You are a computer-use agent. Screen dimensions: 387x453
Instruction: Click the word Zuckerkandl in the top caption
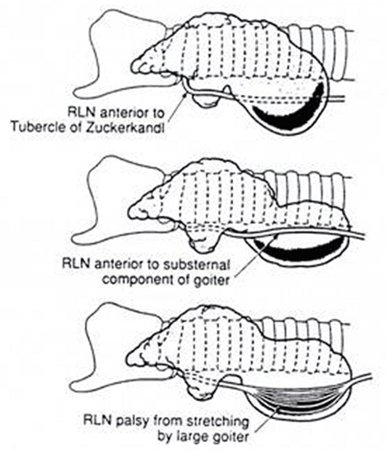[x=124, y=128]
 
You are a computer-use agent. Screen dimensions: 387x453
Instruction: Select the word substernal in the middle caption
[x=196, y=264]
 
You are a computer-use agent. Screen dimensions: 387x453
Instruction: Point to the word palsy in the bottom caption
[x=133, y=422]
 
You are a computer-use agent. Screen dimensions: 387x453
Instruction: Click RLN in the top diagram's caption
[x=80, y=112]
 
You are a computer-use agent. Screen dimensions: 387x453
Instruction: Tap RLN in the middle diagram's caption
[x=75, y=264]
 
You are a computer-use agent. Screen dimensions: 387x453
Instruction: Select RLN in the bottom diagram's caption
[x=96, y=420]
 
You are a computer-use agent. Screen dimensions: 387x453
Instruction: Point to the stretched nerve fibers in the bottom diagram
[x=295, y=396]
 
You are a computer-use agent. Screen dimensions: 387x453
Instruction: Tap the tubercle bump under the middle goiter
[x=203, y=243]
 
